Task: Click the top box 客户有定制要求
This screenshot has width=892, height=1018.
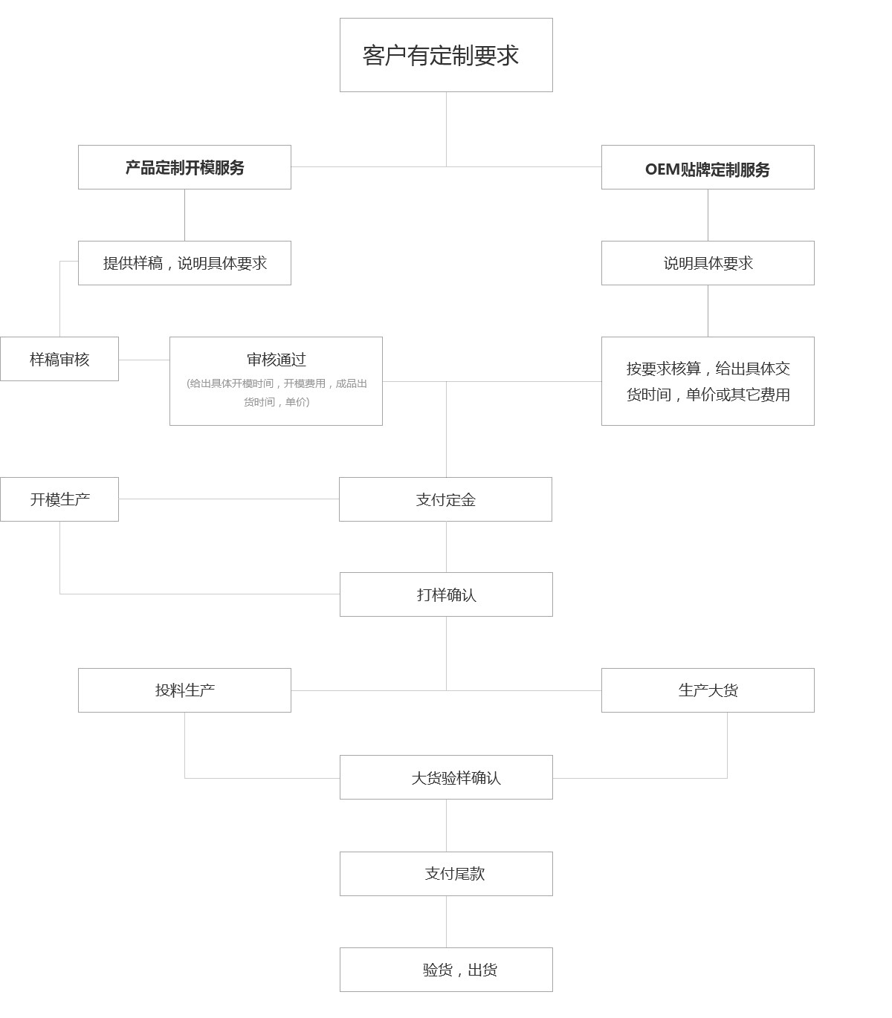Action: (446, 55)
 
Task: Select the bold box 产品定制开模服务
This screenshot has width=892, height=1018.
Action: (184, 167)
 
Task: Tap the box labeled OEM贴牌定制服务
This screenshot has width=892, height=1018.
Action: (708, 167)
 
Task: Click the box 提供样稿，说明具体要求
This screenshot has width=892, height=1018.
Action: (184, 263)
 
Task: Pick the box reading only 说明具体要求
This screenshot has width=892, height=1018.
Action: (708, 263)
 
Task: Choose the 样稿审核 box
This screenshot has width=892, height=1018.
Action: (59, 359)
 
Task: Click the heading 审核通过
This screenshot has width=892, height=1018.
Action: (277, 359)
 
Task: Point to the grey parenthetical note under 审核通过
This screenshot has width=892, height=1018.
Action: (277, 392)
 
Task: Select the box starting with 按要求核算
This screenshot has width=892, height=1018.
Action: (708, 381)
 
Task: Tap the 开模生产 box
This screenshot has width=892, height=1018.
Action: (59, 499)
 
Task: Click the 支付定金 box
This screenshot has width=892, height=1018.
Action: (445, 499)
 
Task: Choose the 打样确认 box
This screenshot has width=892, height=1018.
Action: (446, 594)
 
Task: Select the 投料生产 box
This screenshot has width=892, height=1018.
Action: (184, 690)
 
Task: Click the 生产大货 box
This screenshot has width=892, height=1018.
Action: (708, 690)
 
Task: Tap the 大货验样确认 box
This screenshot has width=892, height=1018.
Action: (446, 777)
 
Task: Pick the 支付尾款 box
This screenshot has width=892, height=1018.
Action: (446, 874)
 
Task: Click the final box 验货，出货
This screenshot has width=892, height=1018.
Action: (446, 970)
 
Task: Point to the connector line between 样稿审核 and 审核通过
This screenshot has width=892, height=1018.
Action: (144, 360)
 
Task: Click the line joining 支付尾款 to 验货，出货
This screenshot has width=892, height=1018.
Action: (446, 921)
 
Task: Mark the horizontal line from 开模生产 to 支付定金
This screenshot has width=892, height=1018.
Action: (229, 499)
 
